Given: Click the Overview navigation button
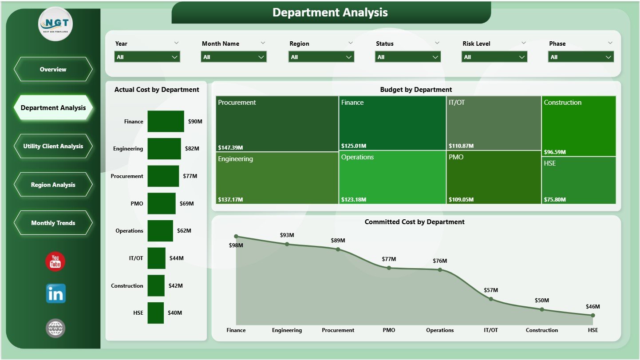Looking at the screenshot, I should point(53,69).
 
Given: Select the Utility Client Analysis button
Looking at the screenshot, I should point(53,146).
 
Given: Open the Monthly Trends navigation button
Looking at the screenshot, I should point(53,223).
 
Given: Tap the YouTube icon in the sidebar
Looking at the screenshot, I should point(55,261).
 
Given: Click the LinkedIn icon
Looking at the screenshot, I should point(55,294).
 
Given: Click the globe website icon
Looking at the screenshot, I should point(55,328).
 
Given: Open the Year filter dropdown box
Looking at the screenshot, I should point(147,57).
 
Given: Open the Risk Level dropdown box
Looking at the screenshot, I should point(494,57).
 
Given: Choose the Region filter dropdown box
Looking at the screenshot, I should point(321,57).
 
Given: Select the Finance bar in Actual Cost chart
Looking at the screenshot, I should point(166,121).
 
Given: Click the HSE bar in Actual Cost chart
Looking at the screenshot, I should point(155,313).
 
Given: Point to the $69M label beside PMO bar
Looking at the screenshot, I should point(187,203).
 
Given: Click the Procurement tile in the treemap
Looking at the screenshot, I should point(277,124).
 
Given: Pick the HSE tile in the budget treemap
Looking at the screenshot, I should point(579,180).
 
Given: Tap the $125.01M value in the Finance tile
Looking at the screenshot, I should point(354,146).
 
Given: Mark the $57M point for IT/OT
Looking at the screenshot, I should point(491,299).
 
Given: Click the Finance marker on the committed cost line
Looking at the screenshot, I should point(236,237).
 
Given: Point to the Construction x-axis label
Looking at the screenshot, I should point(541,330).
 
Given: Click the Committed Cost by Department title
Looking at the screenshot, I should point(415,222).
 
